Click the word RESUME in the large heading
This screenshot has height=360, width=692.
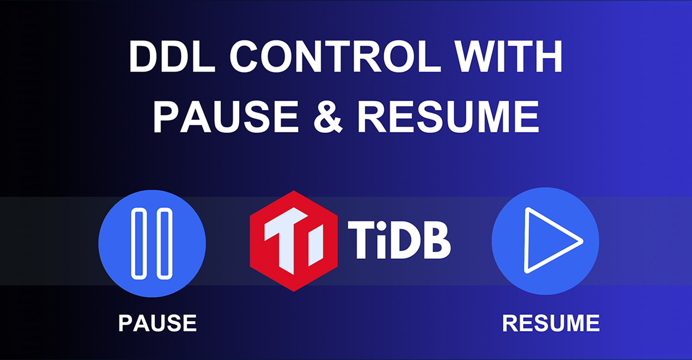(448, 117)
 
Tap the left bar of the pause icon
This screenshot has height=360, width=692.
(140, 244)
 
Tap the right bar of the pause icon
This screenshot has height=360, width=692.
(164, 244)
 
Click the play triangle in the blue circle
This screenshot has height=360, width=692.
(548, 240)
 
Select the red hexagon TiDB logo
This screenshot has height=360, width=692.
(293, 241)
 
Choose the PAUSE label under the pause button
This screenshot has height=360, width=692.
(157, 323)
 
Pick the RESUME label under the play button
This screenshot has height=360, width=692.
(551, 323)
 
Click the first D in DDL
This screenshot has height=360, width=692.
(143, 57)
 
